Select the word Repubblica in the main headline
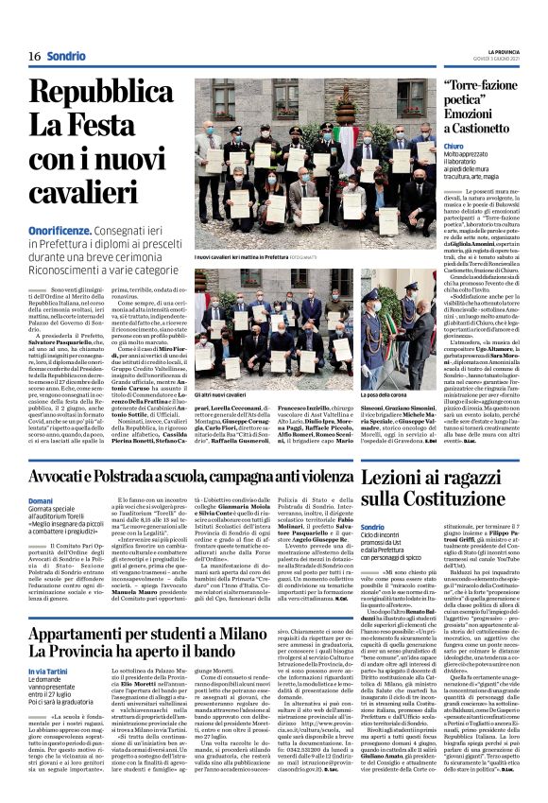point(101,94)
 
